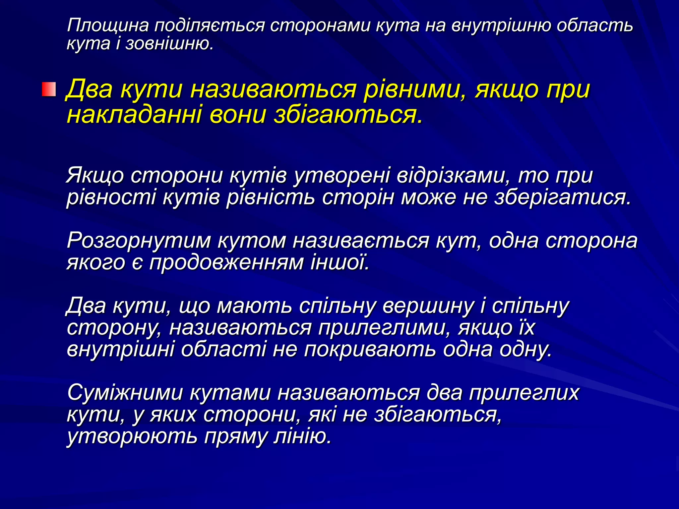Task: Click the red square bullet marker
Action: [49, 89]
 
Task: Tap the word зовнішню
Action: [169, 43]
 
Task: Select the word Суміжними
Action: [125, 393]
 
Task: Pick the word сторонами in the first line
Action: [320, 26]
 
